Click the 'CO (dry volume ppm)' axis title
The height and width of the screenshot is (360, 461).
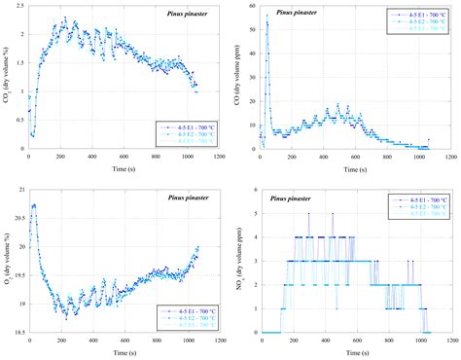click(240, 78)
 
